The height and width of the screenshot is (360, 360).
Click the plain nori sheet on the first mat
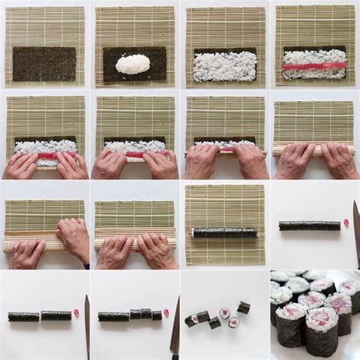click(x=44, y=64)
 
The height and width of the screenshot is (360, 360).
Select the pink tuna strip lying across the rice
click(x=314, y=66)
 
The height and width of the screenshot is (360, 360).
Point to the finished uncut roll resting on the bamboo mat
click(x=224, y=232)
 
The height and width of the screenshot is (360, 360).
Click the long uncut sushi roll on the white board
click(x=309, y=226)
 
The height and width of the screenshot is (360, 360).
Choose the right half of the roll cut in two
click(x=56, y=315)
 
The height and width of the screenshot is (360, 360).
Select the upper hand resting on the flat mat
click(x=74, y=236)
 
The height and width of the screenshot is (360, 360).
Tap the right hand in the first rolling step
click(x=71, y=163)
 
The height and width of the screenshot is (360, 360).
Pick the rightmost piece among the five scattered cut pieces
click(x=243, y=308)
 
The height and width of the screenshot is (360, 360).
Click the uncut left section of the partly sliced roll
click(x=113, y=316)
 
